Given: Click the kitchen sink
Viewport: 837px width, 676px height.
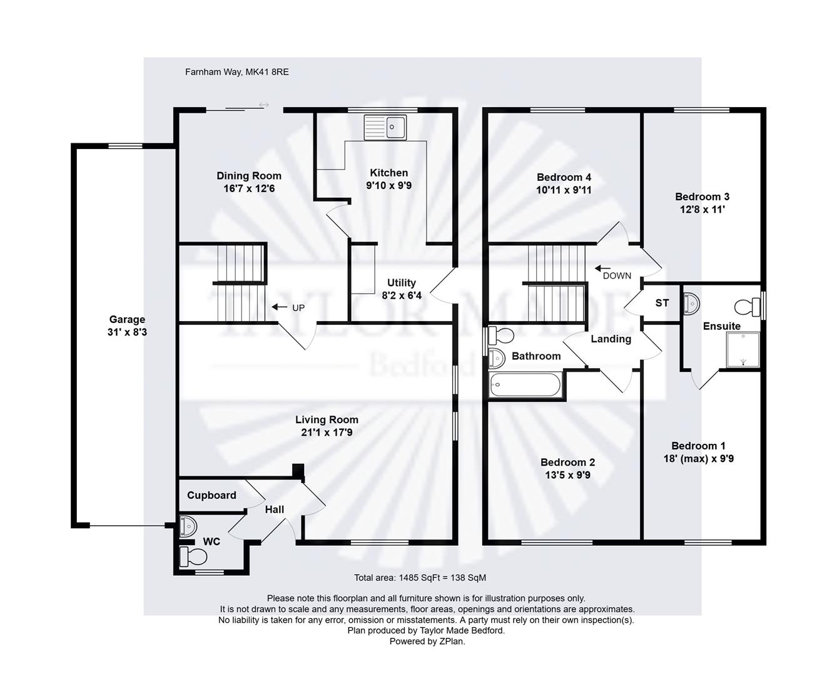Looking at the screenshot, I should (385, 127).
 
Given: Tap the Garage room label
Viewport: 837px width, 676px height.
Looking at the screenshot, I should (127, 319).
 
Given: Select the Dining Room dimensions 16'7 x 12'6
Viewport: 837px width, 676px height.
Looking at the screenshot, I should (249, 188).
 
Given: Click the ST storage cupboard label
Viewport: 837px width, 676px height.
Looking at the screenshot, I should (662, 303).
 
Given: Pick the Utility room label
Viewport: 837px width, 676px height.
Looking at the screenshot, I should (401, 283).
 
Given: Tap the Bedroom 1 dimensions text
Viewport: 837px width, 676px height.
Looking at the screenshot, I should (698, 459).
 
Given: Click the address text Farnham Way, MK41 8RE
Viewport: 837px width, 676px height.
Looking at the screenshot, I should (236, 72).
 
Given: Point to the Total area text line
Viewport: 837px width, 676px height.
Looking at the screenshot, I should (420, 578).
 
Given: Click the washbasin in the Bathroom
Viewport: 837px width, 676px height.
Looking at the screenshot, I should (497, 359).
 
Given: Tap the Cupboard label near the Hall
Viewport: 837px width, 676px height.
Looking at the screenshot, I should (211, 495).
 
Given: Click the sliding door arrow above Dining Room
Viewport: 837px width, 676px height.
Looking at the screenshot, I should (263, 105).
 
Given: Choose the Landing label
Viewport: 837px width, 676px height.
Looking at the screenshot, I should (611, 339).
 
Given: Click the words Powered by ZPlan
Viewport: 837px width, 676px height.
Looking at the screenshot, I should (427, 641).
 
